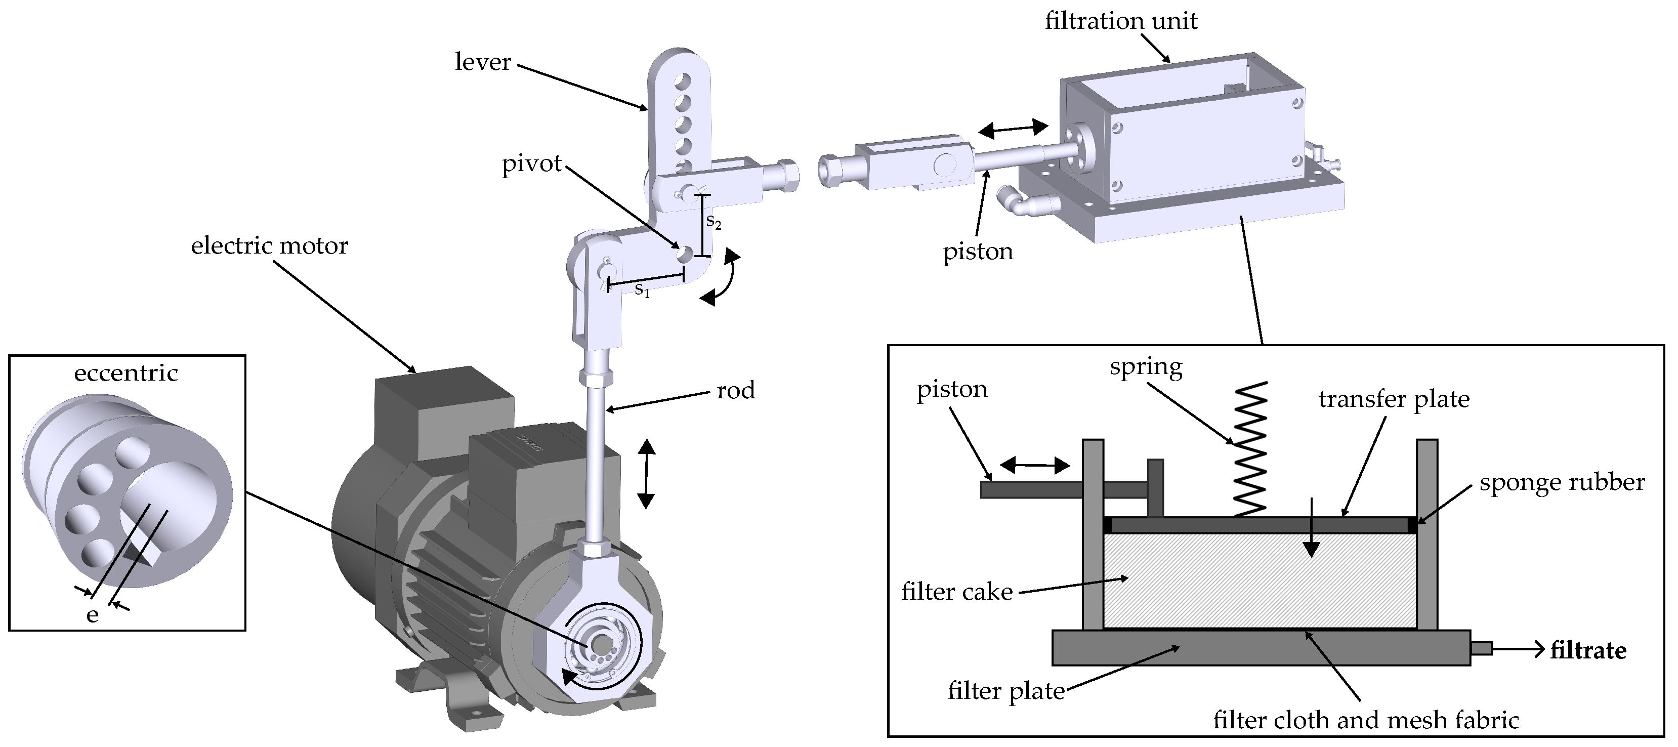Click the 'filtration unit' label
pyautogui.click(x=1120, y=21)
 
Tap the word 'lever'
pyautogui.click(x=483, y=62)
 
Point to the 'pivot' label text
pyautogui.click(x=531, y=163)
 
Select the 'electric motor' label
pyautogui.click(x=269, y=246)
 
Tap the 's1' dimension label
pyautogui.click(x=642, y=290)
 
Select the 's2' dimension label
pyautogui.click(x=714, y=222)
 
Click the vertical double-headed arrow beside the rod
pyautogui.click(x=646, y=474)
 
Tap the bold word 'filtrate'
pyautogui.click(x=1588, y=651)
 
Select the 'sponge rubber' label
pyautogui.click(x=1562, y=483)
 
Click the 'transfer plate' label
pyautogui.click(x=1394, y=399)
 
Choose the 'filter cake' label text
pyautogui.click(x=957, y=592)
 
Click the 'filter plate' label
pyautogui.click(x=1006, y=690)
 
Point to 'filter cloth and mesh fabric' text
pyautogui.click(x=1366, y=720)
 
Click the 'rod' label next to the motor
pyautogui.click(x=735, y=390)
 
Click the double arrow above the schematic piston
pyautogui.click(x=1034, y=466)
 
